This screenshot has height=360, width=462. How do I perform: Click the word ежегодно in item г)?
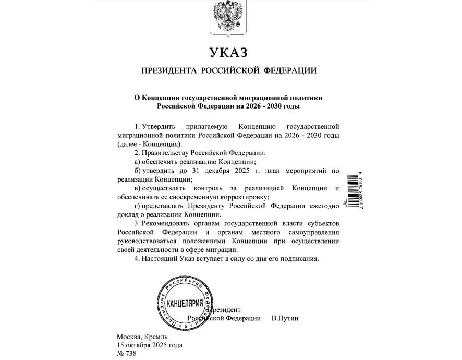[x=325, y=206]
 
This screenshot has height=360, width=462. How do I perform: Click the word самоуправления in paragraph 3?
[x=315, y=232]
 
